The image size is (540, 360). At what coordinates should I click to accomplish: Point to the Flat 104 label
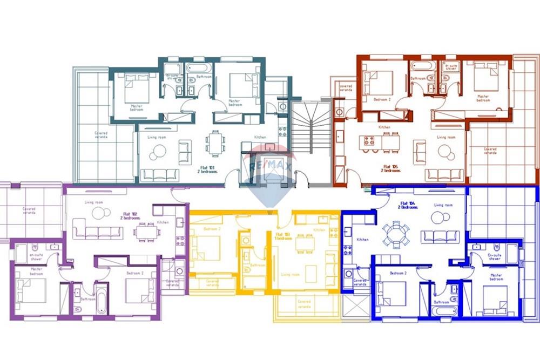coord(407,206)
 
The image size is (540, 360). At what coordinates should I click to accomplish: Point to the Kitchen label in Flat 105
coord(384,127)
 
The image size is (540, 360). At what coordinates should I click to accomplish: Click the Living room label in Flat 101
coord(156,137)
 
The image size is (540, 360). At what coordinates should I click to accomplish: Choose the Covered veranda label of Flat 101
coord(101,135)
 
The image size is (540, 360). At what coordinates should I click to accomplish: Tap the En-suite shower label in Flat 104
coord(494,257)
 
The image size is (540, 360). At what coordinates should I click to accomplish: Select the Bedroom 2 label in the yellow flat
coord(211,229)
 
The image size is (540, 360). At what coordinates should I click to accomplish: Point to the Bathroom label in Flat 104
coord(442,302)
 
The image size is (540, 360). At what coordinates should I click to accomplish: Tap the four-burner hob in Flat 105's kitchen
coord(370,141)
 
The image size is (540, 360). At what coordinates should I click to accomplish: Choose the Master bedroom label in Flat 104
coord(496,277)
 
